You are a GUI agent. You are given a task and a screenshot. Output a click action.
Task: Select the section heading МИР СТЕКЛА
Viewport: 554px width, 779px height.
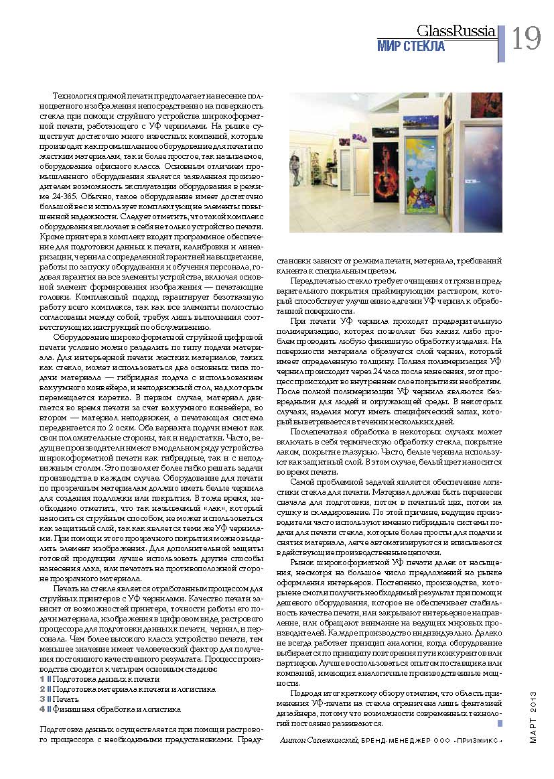(411, 46)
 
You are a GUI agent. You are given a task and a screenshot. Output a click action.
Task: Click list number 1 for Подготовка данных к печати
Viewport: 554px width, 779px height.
(42, 679)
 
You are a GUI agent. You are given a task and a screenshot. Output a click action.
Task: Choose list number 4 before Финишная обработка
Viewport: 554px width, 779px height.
(42, 709)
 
